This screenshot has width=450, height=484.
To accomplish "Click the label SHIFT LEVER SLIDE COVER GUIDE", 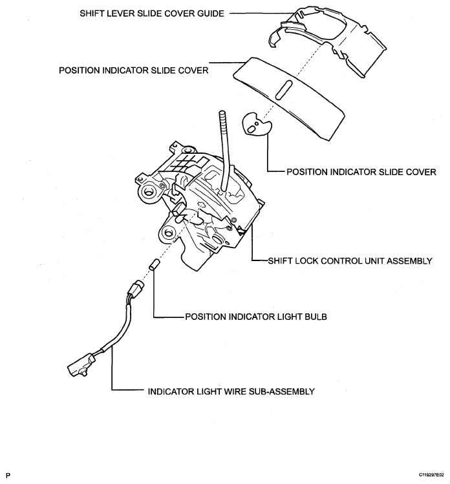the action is (152, 14).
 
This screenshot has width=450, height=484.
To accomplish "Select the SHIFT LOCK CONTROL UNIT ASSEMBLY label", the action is (350, 261).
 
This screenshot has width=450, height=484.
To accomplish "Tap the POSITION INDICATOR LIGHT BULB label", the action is (256, 317).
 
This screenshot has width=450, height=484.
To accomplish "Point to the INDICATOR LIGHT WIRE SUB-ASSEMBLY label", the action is (231, 392).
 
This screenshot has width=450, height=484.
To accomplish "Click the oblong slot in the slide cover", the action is (284, 90).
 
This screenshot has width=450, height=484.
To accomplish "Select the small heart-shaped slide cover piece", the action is (257, 123).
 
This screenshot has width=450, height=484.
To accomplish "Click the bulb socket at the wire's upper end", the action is (135, 289).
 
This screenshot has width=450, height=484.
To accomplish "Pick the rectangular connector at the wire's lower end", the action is (80, 365).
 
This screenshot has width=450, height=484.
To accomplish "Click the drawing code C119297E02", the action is (431, 475).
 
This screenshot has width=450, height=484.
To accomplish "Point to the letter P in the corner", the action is (8, 476).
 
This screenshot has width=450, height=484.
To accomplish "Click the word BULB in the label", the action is (316, 317).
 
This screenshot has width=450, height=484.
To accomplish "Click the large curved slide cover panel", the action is (288, 99).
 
